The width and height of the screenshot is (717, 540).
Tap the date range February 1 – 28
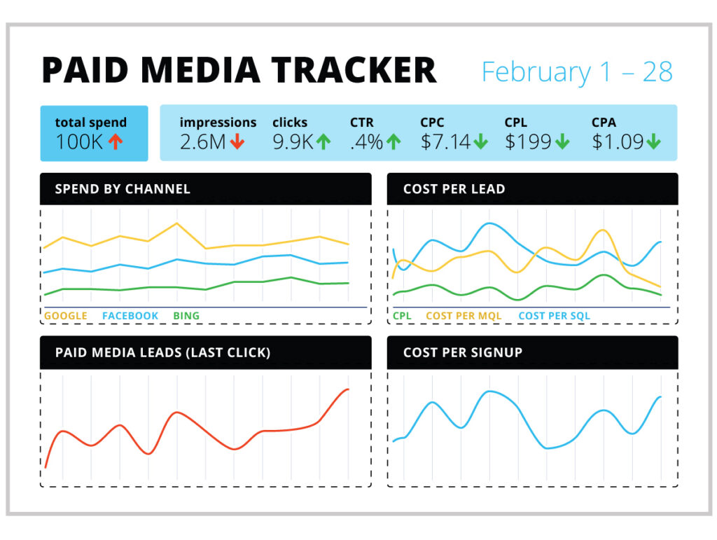point(577,72)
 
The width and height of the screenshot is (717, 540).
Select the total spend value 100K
point(80,142)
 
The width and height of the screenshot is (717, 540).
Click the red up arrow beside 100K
point(116,142)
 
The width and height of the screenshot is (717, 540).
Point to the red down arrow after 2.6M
point(237,142)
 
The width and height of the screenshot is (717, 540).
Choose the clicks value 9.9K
point(293,142)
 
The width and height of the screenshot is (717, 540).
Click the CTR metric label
point(362,123)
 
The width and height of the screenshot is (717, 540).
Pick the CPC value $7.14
point(446,142)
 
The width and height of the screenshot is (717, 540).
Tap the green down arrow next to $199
point(562,142)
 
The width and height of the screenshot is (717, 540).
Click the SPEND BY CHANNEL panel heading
point(123,189)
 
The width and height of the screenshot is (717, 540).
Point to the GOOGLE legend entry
point(66,316)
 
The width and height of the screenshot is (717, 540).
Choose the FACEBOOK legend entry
point(130,316)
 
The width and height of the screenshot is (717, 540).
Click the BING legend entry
point(186,316)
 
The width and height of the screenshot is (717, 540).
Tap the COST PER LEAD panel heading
point(454,189)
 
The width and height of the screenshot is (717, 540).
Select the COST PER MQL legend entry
point(464,316)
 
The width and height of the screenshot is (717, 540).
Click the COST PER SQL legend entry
point(554,316)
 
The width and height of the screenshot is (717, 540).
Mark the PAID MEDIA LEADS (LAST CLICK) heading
point(162,352)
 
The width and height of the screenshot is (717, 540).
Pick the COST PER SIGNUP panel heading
point(463,352)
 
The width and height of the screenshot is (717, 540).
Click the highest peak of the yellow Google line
point(176,223)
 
